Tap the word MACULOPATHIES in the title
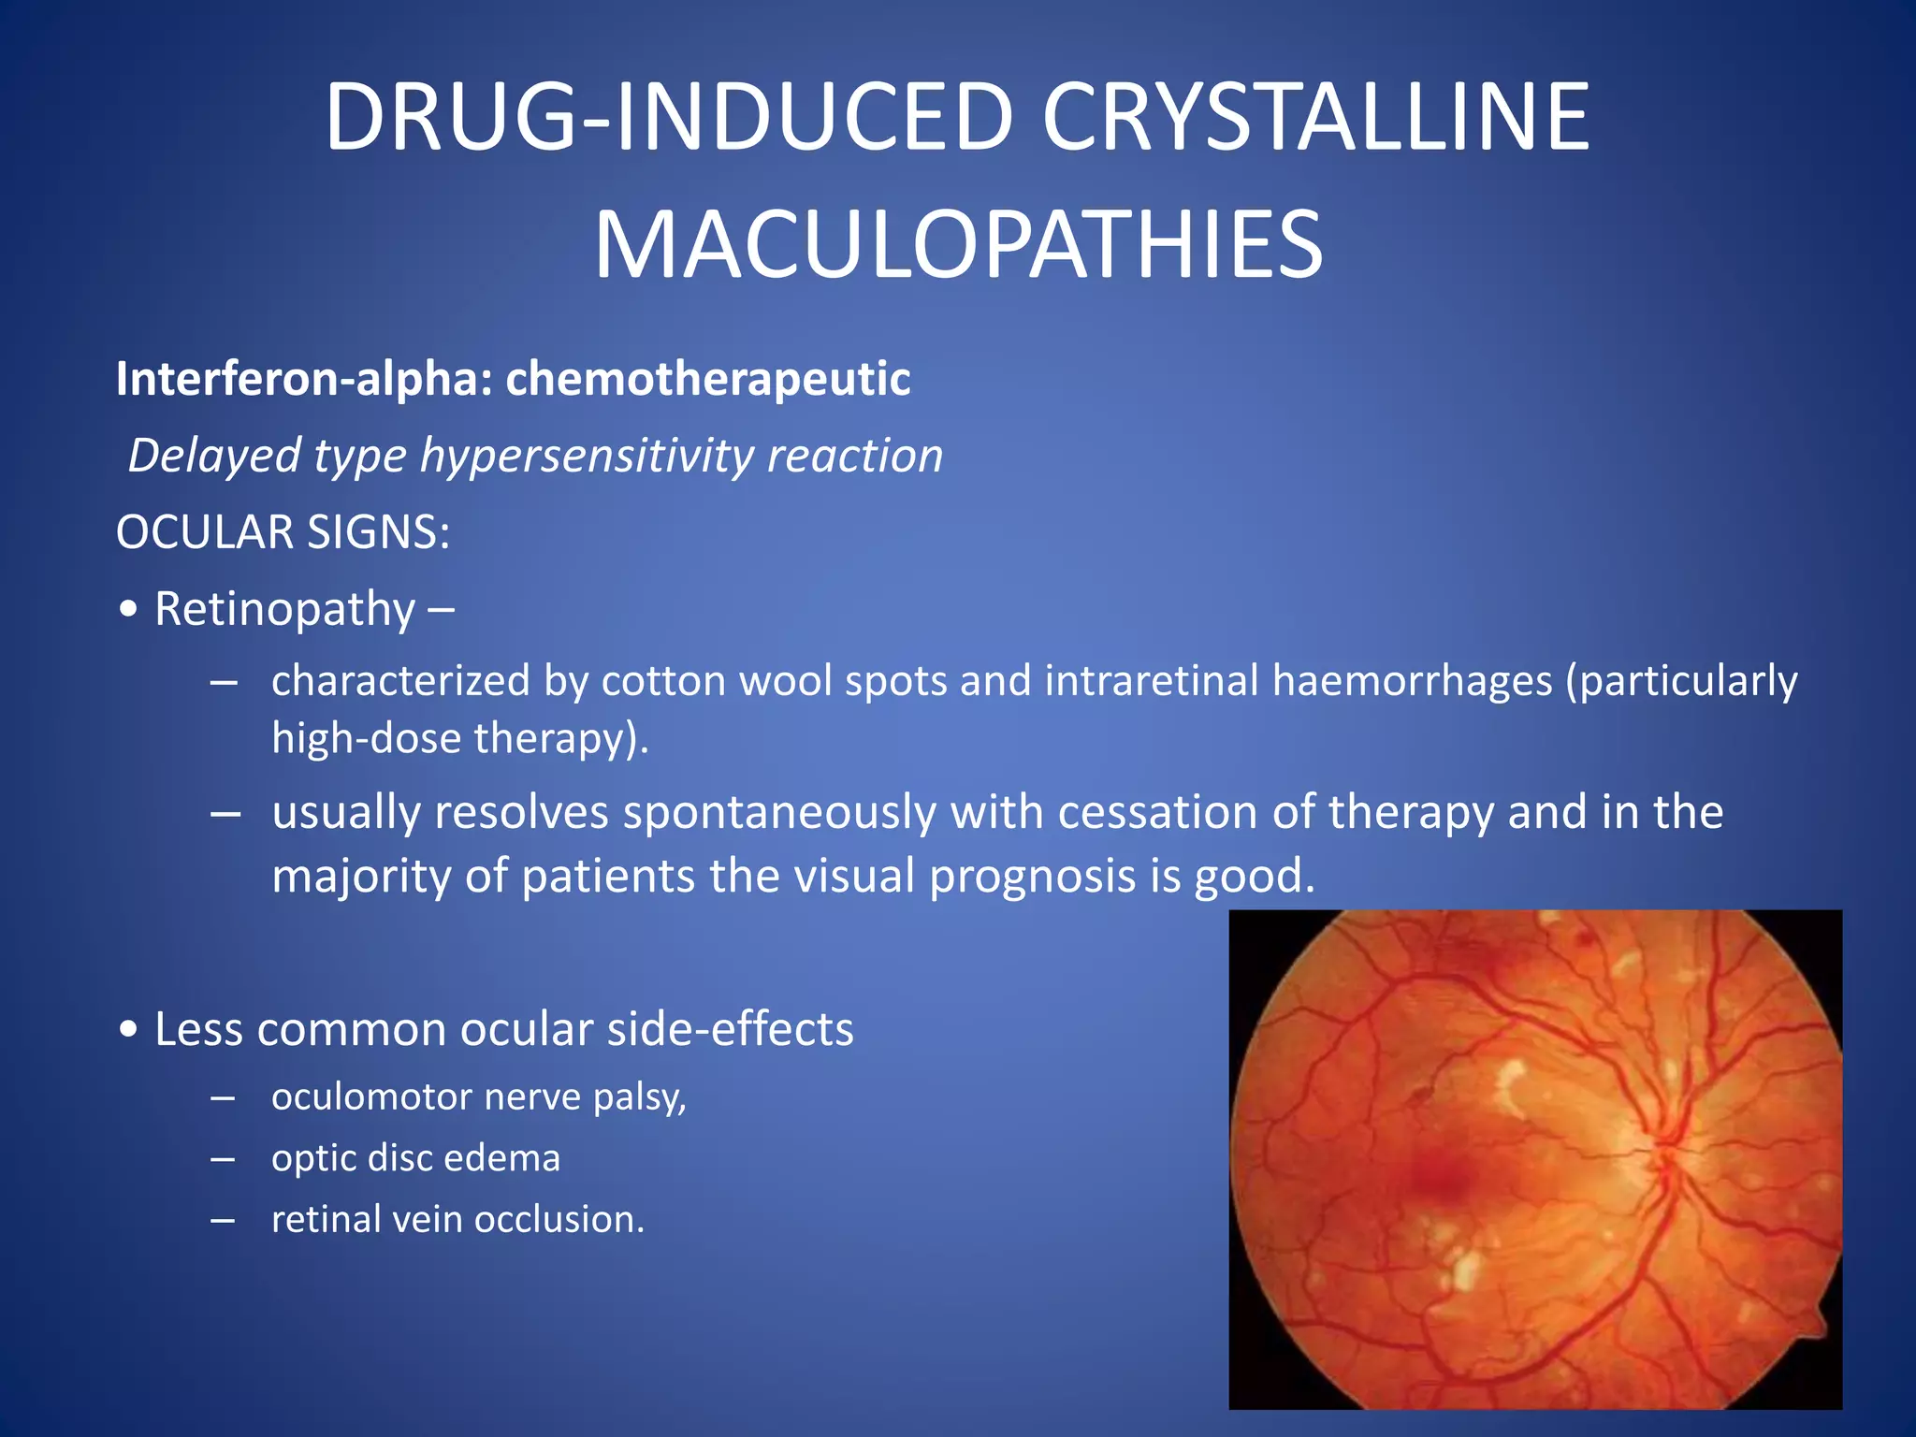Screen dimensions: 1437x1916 [958, 245]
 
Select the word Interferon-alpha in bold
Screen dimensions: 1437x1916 [304, 379]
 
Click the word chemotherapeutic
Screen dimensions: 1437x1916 [708, 379]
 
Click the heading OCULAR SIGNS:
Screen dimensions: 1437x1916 [283, 532]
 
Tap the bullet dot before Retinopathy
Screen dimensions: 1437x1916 [129, 610]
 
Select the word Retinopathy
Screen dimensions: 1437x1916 [284, 610]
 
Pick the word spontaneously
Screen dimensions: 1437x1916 [779, 812]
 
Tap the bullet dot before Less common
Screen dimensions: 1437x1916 [129, 1030]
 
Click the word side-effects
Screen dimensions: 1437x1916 [730, 1029]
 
